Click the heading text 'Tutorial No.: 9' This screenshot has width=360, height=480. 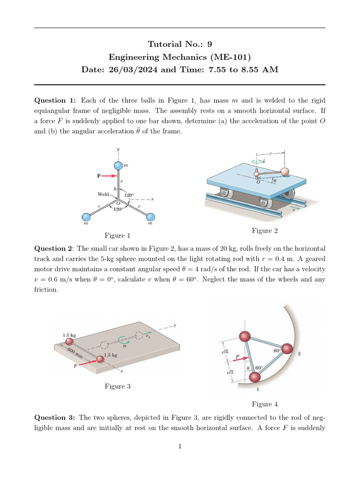[x=180, y=45]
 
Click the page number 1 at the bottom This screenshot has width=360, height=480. [x=180, y=446]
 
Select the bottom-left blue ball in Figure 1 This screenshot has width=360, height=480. [x=86, y=217]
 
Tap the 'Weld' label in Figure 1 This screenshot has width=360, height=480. [x=103, y=194]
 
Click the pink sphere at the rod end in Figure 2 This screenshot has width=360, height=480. [x=284, y=172]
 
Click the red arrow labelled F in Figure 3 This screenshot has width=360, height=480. [x=87, y=363]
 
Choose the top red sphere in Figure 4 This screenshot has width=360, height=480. [x=245, y=336]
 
